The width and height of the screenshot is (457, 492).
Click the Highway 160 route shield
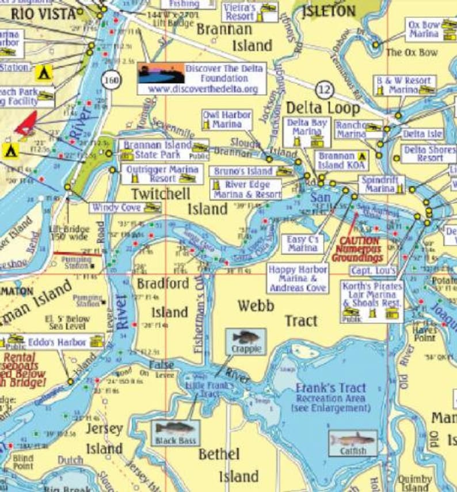point(112,80)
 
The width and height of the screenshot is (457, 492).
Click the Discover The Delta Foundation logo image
point(161,73)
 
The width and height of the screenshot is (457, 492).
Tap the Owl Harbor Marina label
point(227,119)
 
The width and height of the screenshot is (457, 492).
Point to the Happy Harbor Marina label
point(297,278)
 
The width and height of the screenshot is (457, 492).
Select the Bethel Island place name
point(227,465)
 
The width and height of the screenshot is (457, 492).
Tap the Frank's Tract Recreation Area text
point(331,397)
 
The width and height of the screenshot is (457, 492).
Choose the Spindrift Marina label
point(378,184)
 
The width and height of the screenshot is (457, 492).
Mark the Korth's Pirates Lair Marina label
point(371,295)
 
